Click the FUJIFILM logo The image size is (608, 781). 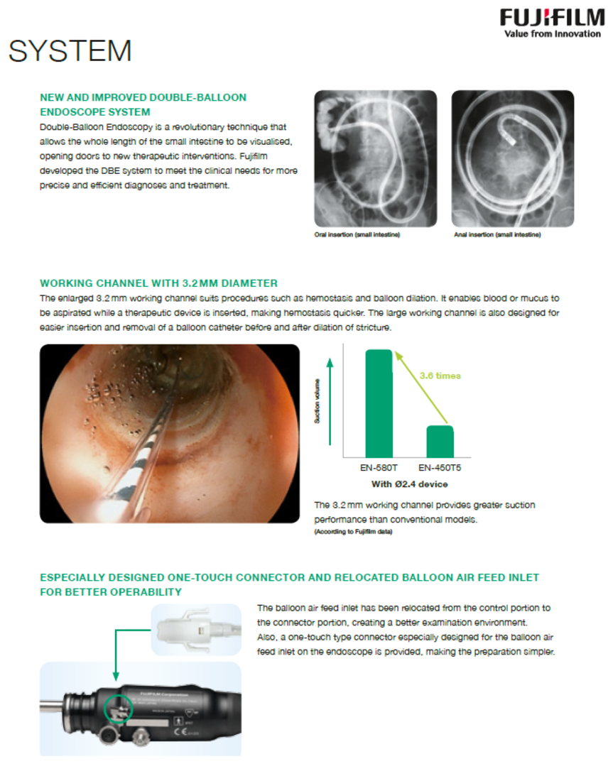551,17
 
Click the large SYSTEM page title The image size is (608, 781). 70,51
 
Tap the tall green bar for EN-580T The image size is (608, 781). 379,403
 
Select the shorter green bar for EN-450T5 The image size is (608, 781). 440,441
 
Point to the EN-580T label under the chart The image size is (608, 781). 379,469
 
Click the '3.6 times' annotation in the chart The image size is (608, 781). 439,376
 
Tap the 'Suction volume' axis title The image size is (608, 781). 317,402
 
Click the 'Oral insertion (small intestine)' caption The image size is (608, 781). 357,235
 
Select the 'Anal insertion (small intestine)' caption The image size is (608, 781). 496,235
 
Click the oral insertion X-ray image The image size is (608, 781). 376,158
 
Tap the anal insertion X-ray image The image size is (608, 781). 512,158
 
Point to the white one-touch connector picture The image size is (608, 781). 195,629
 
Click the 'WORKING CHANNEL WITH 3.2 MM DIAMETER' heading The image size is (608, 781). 158,283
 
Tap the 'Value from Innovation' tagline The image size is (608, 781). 552,34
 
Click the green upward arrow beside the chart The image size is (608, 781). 330,402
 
